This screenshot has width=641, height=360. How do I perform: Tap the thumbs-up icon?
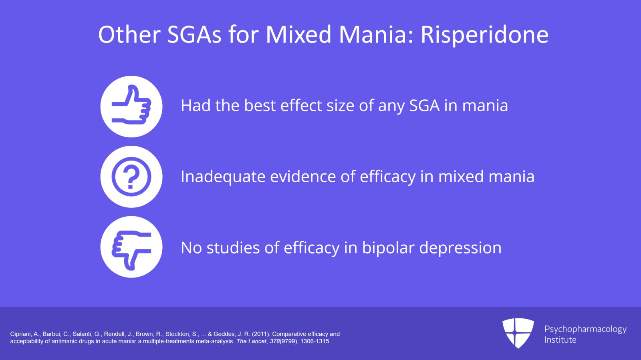pos(131,107)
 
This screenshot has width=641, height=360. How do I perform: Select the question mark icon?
pos(131,177)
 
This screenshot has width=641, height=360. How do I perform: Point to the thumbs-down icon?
pos(131,247)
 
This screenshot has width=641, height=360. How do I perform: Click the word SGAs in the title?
pos(194,35)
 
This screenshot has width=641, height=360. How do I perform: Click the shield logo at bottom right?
pos(518,333)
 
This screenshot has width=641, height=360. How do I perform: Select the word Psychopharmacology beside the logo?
pos(585,329)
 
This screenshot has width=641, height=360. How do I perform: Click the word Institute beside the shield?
pos(560,340)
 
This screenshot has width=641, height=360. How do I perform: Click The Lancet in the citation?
pos(251,342)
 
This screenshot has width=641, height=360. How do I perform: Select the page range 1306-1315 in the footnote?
pos(315,342)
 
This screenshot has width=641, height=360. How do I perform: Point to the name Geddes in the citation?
pos(224,334)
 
